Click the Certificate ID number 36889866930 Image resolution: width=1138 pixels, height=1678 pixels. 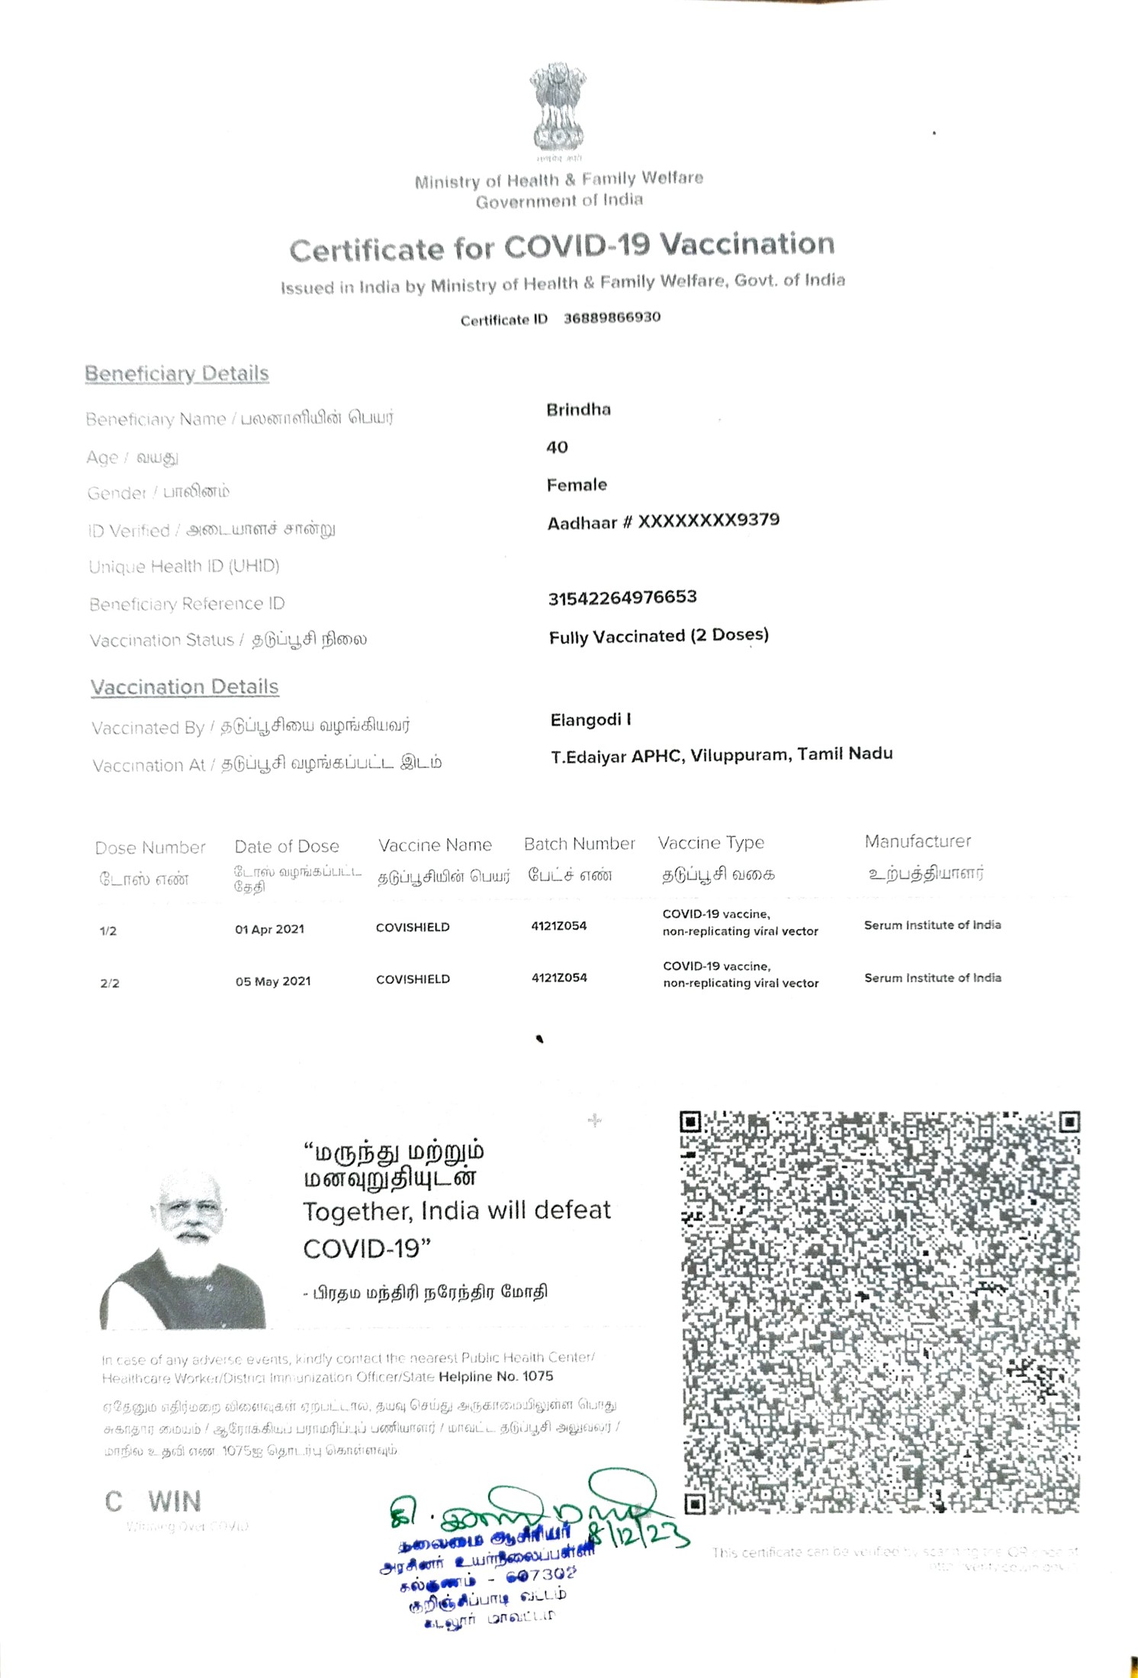(x=612, y=317)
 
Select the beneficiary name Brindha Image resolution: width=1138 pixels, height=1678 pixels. (x=578, y=410)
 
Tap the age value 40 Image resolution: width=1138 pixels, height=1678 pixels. (x=557, y=448)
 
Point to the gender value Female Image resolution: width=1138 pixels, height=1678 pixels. (x=577, y=485)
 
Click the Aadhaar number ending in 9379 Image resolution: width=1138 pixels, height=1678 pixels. (x=663, y=522)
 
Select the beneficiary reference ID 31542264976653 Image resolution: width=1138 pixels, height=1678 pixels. (x=622, y=597)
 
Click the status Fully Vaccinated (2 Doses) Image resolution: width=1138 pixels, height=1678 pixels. (x=658, y=636)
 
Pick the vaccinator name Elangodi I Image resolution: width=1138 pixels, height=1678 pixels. (x=590, y=720)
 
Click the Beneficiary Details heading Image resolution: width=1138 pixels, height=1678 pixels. (x=177, y=374)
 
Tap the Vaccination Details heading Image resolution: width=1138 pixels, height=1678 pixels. (x=185, y=687)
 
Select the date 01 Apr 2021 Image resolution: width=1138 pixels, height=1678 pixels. (x=269, y=929)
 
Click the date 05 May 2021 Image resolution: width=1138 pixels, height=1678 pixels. (x=273, y=982)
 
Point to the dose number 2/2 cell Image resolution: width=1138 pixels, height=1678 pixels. (x=110, y=983)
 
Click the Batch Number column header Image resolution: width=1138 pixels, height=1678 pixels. (x=579, y=844)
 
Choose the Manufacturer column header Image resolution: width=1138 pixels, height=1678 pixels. (x=918, y=841)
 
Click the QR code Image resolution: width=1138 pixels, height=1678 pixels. (x=879, y=1312)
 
